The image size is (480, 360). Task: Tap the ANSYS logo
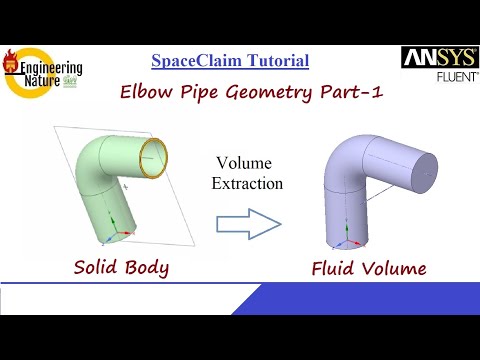pyautogui.click(x=431, y=59)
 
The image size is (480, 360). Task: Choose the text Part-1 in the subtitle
pyautogui.click(x=316, y=94)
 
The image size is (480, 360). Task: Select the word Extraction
pyautogui.click(x=246, y=183)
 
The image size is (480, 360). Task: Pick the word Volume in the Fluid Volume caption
pyautogui.click(x=392, y=268)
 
